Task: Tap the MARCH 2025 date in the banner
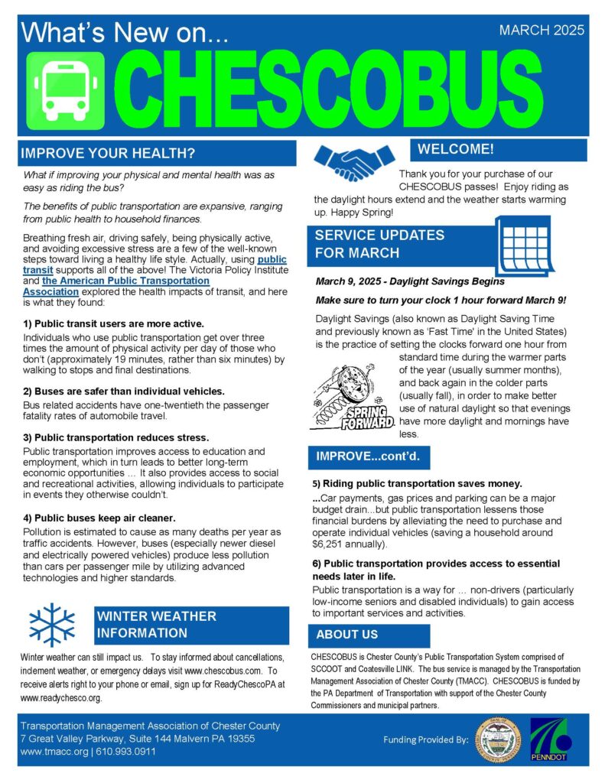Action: (541, 31)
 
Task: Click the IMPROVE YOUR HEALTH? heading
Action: (108, 152)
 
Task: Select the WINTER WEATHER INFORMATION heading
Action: (157, 624)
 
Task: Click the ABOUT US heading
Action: (347, 635)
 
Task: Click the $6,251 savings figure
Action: (331, 544)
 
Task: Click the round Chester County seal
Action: (496, 739)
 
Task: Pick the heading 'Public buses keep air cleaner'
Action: (99, 518)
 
